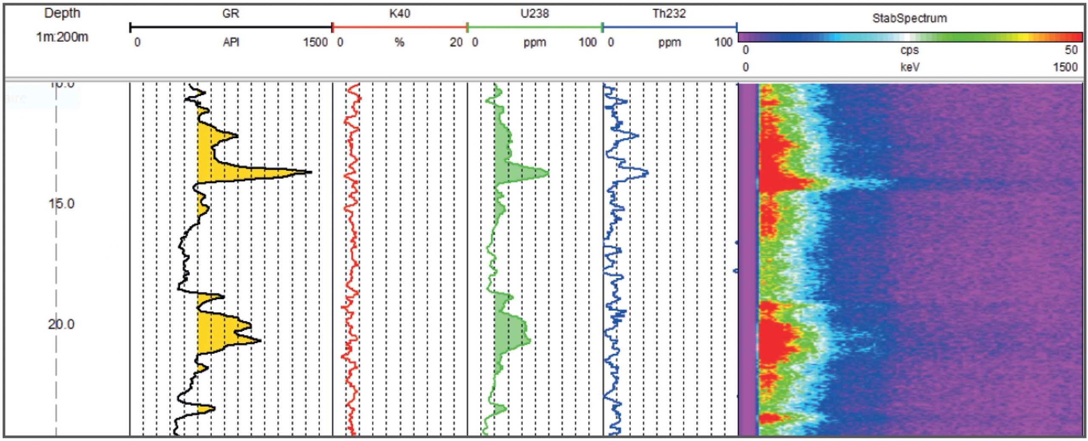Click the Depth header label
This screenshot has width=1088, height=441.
[62, 13]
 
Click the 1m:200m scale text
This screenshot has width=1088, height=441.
[62, 37]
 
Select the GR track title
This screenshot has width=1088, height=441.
[231, 14]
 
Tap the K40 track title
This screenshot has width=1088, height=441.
[399, 14]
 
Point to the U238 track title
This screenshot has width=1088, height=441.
[535, 14]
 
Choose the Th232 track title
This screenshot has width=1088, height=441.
[669, 14]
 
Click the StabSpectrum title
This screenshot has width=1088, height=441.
[909, 18]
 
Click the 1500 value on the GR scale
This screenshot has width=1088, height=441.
[315, 43]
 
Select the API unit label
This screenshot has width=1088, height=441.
[231, 43]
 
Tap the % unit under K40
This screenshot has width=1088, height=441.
[399, 43]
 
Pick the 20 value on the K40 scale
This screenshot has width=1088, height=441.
[456, 43]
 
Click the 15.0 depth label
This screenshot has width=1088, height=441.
[61, 204]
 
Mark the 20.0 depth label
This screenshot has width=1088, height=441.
[61, 324]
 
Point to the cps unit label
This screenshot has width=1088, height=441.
[909, 50]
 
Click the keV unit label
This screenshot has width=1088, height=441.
[909, 67]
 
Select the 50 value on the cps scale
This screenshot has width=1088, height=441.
[1071, 50]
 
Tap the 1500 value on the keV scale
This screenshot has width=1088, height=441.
[1065, 67]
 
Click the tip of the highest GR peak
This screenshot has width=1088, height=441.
[311, 172]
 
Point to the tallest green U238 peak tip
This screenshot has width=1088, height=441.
[548, 173]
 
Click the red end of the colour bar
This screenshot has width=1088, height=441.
[1075, 37]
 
